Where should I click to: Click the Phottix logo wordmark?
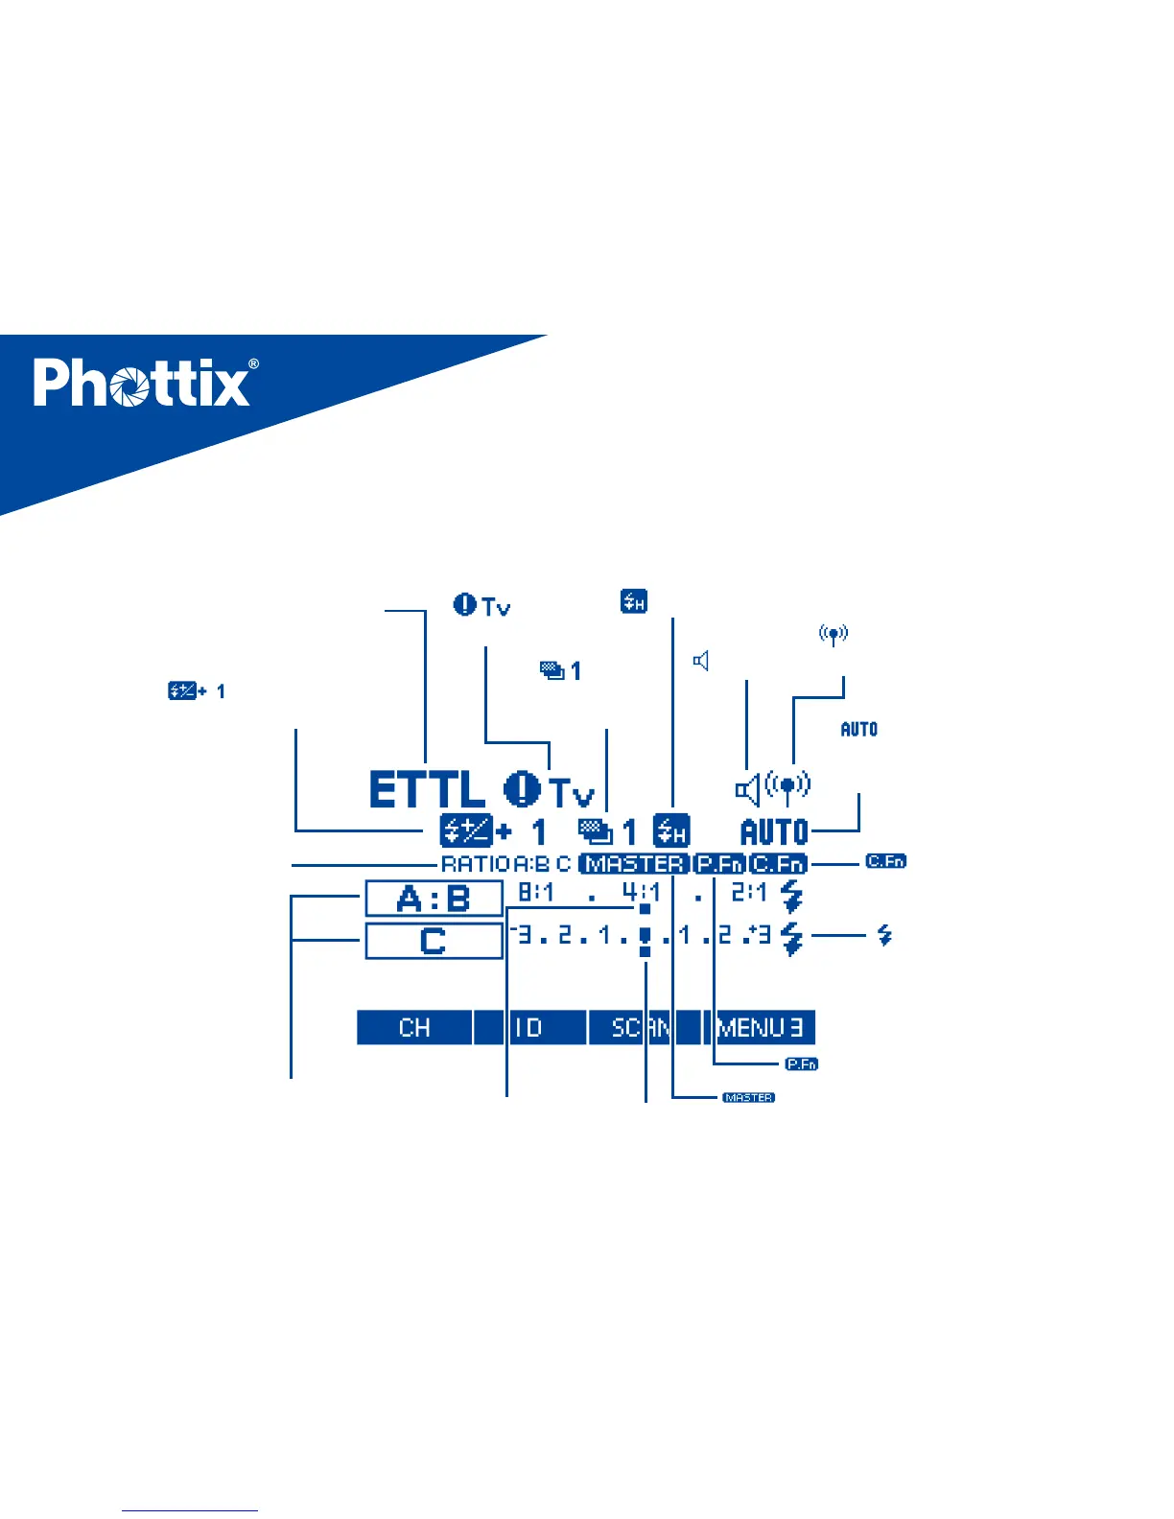point(142,384)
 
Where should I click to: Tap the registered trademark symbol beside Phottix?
point(253,364)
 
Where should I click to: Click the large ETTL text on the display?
point(427,790)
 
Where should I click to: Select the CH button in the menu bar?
point(414,1028)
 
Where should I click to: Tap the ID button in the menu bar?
point(528,1028)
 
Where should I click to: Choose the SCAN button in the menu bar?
point(642,1028)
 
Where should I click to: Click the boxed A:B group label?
point(434,900)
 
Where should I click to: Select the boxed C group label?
point(434,941)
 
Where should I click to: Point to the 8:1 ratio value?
point(536,892)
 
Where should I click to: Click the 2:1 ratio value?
point(749,892)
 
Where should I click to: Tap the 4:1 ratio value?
point(642,892)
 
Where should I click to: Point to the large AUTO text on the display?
point(775,831)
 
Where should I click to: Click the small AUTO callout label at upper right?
point(859,729)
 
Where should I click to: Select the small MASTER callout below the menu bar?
point(748,1097)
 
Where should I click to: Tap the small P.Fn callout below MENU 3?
point(801,1063)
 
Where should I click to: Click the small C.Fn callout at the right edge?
point(885,861)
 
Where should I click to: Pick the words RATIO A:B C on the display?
point(505,864)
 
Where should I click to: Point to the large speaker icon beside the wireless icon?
point(748,790)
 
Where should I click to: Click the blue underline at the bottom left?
point(190,1511)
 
